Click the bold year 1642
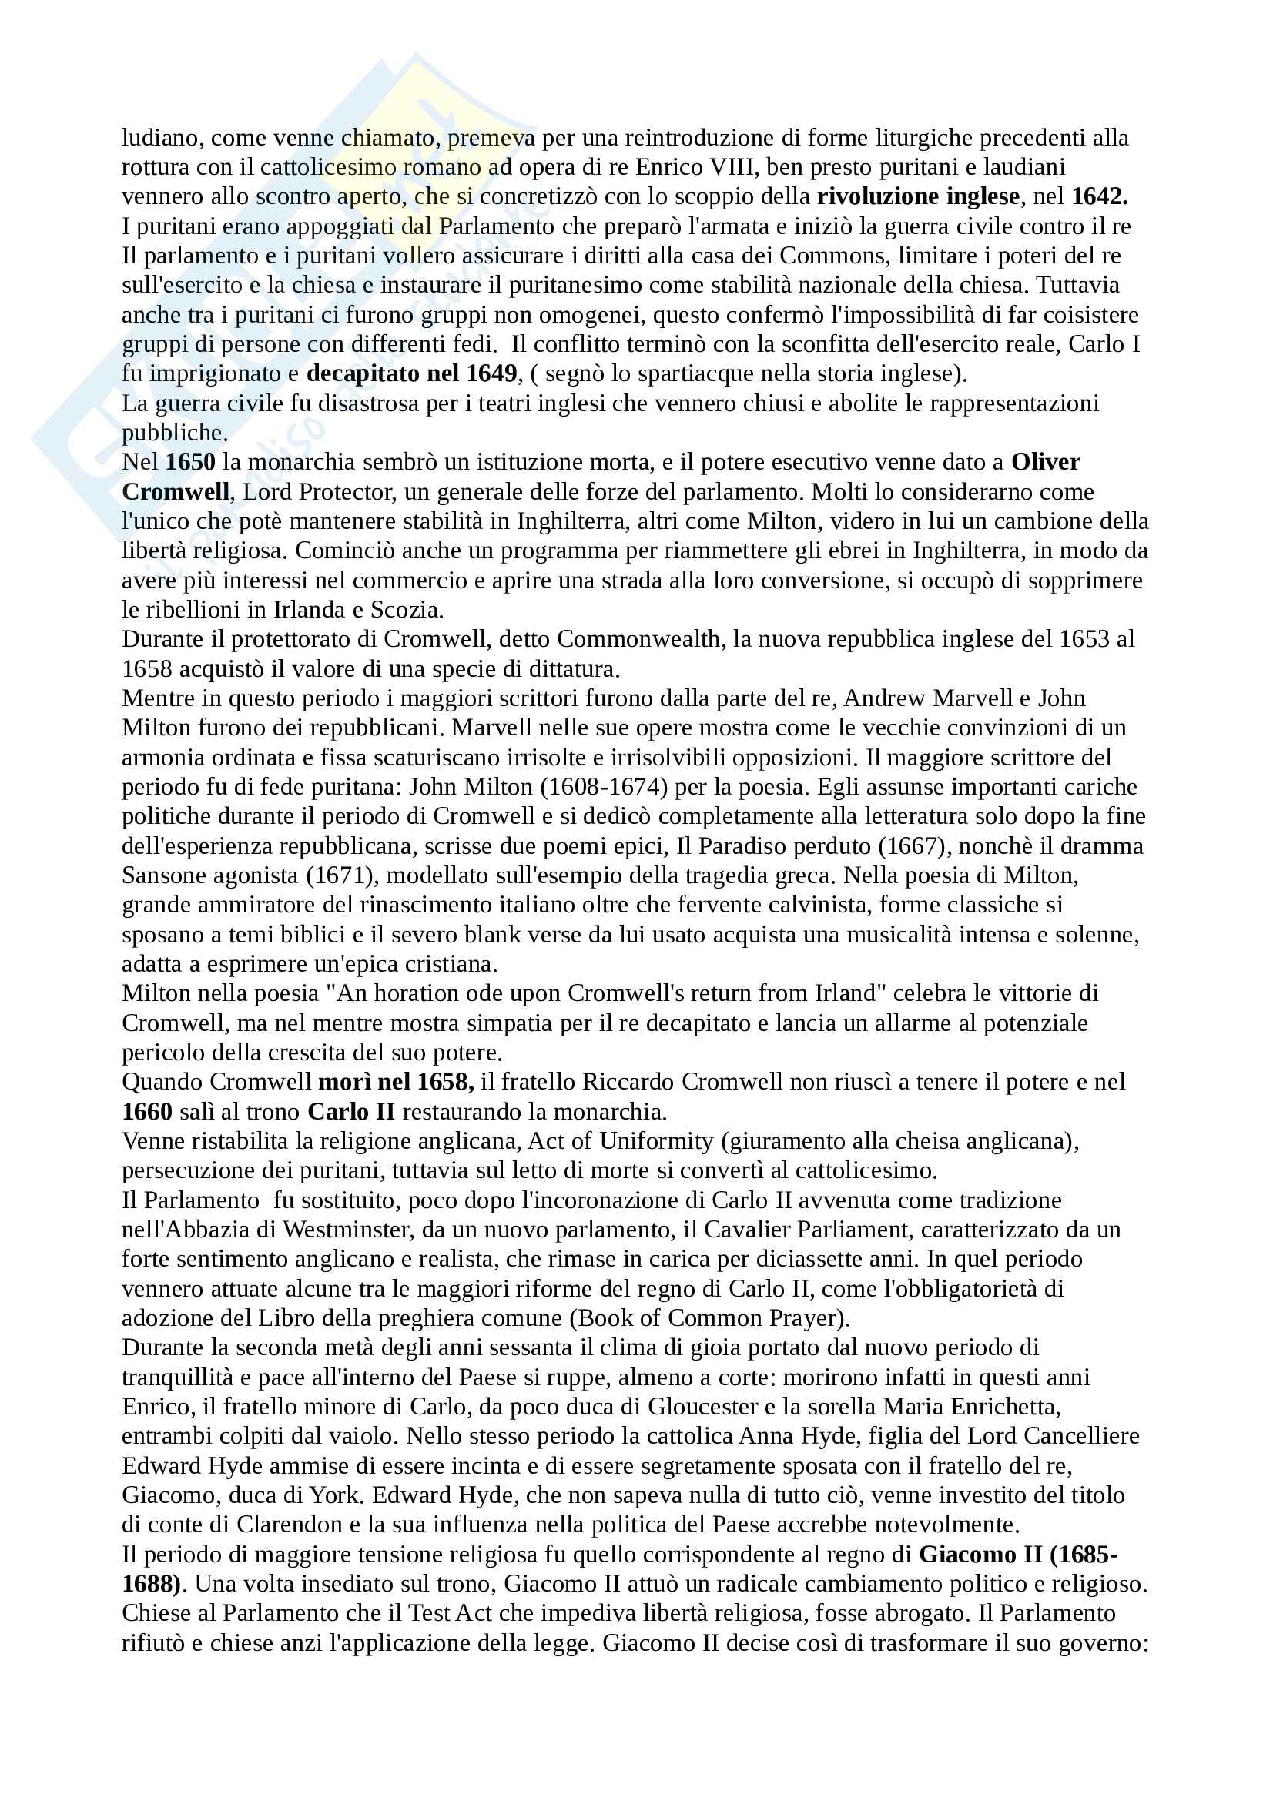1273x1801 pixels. tap(1099, 196)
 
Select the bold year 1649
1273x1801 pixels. tap(491, 373)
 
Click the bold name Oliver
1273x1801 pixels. tap(1045, 462)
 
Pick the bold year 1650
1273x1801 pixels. tap(190, 462)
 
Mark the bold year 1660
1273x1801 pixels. tap(146, 1112)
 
